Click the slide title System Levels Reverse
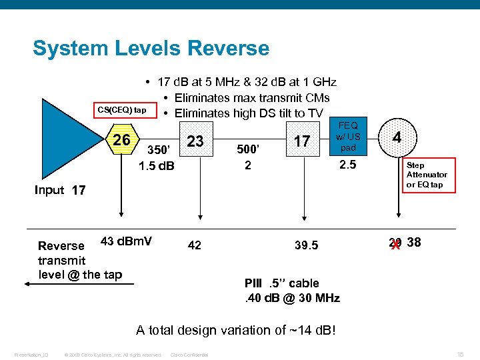(151, 49)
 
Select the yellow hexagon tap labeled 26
(121, 141)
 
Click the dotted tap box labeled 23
(195, 141)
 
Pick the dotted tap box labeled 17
(302, 141)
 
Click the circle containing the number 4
(397, 137)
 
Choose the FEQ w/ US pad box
(349, 136)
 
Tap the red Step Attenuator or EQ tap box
(427, 175)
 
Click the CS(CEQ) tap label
(122, 109)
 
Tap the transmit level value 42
(194, 245)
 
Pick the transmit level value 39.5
(306, 245)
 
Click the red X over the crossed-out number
(395, 244)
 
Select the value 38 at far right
(414, 243)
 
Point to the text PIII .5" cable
(282, 283)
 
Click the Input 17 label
(60, 190)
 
